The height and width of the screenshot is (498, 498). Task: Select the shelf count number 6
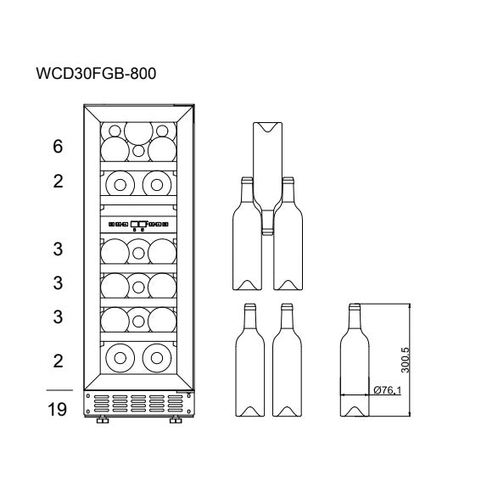pos(58,146)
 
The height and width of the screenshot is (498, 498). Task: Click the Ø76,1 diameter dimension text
pos(387,391)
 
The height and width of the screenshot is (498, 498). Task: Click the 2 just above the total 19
pos(58,361)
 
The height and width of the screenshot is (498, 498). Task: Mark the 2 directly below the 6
pos(58,182)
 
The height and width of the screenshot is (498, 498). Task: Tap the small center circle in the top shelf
pos(138,151)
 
